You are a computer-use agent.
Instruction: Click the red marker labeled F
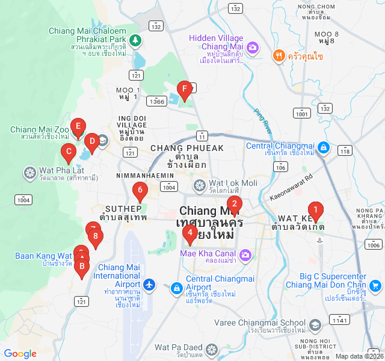[185, 91]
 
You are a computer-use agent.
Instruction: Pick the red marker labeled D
[91, 143]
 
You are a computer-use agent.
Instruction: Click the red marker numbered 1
[316, 211]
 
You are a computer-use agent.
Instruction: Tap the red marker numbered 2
[234, 204]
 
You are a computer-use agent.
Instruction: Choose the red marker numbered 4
[190, 233]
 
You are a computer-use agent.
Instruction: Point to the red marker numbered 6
[140, 191]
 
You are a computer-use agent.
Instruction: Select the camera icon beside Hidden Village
[253, 47]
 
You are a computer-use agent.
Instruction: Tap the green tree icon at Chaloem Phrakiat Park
[136, 40]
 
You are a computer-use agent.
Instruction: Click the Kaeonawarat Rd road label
[292, 187]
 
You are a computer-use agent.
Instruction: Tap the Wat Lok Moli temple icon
[200, 185]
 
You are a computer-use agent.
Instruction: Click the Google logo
[20, 354]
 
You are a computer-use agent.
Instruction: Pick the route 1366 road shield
[158, 101]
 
